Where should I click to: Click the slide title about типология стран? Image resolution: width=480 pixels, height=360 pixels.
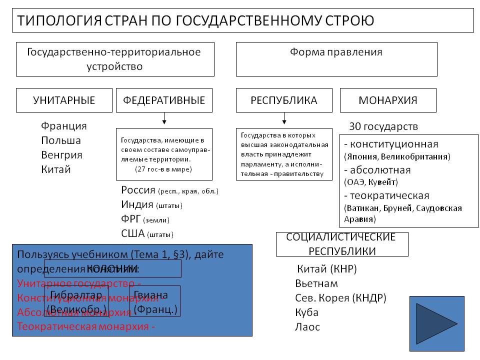[x=195, y=20]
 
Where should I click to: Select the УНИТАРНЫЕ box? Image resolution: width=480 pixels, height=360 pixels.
[x=64, y=100]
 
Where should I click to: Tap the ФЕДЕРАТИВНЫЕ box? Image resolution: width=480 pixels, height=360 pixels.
[x=164, y=100]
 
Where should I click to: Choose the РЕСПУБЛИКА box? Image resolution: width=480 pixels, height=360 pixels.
[x=284, y=100]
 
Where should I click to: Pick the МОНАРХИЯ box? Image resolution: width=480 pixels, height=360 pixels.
[x=388, y=100]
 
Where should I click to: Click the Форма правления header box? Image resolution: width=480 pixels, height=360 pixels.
[x=336, y=58]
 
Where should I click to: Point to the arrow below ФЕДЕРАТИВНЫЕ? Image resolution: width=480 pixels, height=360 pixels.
[x=164, y=118]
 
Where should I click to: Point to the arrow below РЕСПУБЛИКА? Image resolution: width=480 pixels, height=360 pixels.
[x=284, y=118]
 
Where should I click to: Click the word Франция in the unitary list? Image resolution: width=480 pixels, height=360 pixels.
[x=64, y=126]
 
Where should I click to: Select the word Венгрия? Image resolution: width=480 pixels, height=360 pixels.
[x=62, y=155]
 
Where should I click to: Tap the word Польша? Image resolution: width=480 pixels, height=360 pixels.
[x=61, y=140]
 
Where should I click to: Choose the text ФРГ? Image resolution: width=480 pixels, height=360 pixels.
[x=131, y=219]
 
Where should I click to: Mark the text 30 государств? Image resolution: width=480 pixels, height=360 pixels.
[x=383, y=126]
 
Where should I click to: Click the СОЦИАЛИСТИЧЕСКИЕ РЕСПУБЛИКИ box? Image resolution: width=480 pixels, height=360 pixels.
[x=342, y=244]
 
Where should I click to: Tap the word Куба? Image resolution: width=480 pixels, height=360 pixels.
[x=306, y=312]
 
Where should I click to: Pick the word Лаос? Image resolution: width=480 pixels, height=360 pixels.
[x=307, y=327]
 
